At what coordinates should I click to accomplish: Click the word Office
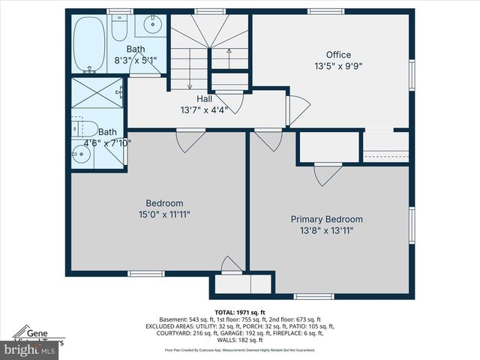pyautogui.click(x=338, y=55)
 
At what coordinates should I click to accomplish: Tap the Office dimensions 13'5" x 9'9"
pyautogui.click(x=338, y=65)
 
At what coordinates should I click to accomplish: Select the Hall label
pyautogui.click(x=204, y=99)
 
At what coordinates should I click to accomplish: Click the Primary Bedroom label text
pyautogui.click(x=327, y=220)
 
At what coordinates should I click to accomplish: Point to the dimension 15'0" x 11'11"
pyautogui.click(x=164, y=214)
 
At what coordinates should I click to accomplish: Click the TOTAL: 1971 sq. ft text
pyautogui.click(x=240, y=311)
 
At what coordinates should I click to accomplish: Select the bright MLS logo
pyautogui.click(x=30, y=350)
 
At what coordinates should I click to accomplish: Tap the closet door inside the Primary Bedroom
pyautogui.click(x=327, y=175)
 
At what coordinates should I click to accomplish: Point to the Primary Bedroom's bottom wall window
pyautogui.click(x=313, y=295)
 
